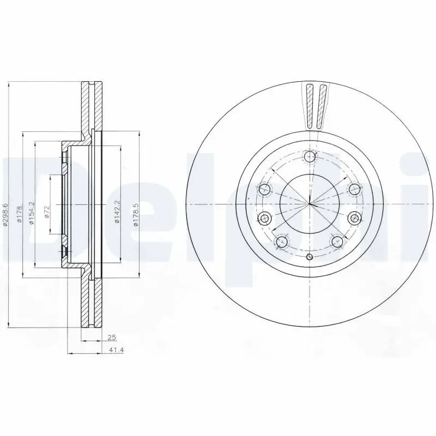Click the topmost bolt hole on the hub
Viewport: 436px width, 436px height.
[x=310, y=158]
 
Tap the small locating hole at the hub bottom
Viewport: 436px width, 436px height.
[x=310, y=257]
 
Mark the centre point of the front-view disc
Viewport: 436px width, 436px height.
[x=309, y=204]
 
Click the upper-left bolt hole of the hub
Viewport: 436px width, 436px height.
[x=265, y=190]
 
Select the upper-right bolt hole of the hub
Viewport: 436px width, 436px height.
[x=354, y=190]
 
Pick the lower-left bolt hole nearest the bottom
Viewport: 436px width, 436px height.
[x=282, y=241]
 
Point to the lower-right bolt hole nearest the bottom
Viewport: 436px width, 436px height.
[x=337, y=241]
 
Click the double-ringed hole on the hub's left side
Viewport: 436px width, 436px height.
[x=265, y=219]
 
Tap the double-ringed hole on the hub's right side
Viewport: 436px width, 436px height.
[x=354, y=219]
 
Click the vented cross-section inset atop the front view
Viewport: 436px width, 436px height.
[x=316, y=106]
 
